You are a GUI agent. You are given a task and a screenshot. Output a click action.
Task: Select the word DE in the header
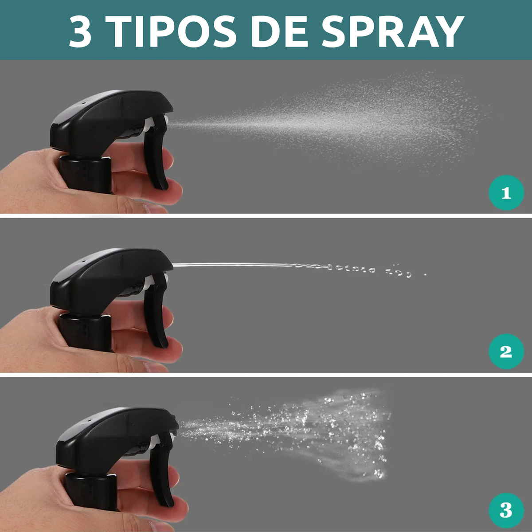pos(279,31)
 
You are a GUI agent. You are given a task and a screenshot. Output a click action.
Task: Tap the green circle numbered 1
pos(506,193)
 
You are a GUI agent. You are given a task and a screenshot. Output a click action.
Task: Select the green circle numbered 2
pos(506,351)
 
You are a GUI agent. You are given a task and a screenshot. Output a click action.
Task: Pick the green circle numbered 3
pos(506,510)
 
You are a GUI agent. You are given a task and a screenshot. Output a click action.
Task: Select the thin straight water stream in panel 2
pos(235,265)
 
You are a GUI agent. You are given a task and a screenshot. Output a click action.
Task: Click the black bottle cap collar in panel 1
pos(85,174)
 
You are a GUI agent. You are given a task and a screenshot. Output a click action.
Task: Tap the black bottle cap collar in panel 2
pos(85,332)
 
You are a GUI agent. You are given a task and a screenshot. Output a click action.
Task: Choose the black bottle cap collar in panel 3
pos(91,491)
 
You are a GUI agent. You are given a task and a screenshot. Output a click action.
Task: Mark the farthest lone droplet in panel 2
pos(426,274)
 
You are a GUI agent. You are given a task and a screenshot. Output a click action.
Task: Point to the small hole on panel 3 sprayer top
pos(90,420)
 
